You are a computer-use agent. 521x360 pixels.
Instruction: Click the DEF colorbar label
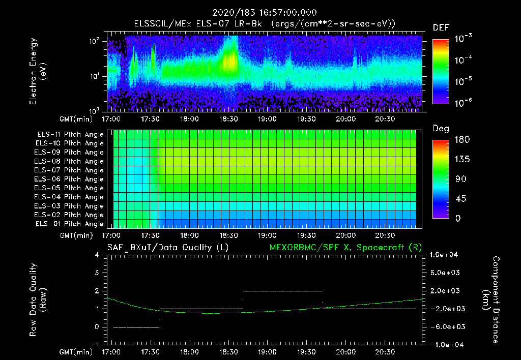click(x=441, y=27)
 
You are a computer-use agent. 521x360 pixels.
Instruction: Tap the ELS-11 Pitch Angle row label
click(x=69, y=135)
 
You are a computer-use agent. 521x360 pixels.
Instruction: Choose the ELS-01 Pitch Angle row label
click(x=69, y=224)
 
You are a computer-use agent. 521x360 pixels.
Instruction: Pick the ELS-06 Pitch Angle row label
click(x=69, y=179)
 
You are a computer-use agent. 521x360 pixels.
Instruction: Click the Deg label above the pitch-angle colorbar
click(x=441, y=129)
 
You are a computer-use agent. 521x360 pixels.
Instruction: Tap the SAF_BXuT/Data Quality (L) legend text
click(x=167, y=247)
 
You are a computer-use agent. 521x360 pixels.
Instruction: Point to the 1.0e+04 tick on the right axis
click(x=446, y=255)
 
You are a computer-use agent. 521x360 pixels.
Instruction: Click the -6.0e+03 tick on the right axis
click(x=446, y=326)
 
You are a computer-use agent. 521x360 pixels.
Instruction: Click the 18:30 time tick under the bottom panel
click(x=228, y=352)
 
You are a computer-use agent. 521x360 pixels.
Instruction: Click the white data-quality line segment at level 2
click(x=282, y=291)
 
